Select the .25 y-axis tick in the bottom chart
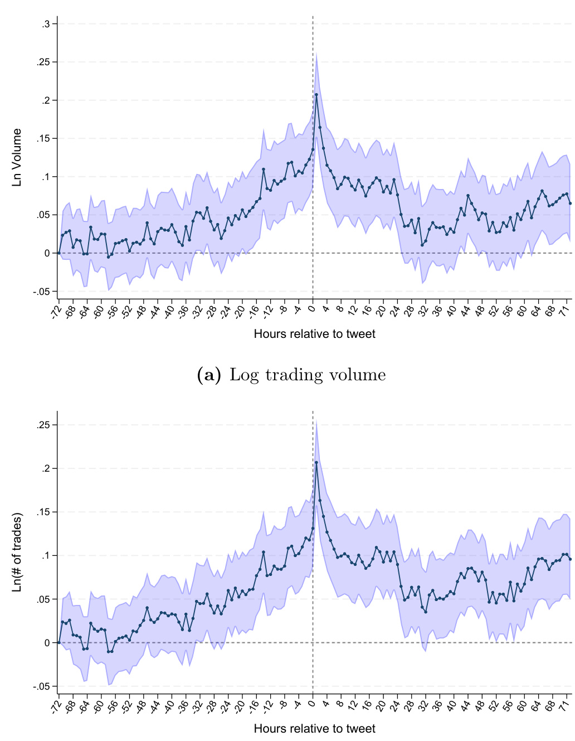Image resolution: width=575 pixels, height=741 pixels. click(x=43, y=425)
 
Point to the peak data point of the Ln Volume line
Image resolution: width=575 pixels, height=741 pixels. click(x=316, y=95)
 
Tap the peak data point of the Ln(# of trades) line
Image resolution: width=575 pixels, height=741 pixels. click(x=316, y=462)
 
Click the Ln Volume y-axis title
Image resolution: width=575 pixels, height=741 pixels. click(x=17, y=157)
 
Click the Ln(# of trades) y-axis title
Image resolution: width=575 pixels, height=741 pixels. click(x=17, y=552)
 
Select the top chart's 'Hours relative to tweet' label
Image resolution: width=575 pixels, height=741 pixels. click(x=314, y=334)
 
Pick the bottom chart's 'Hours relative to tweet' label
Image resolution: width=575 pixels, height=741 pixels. click(x=314, y=729)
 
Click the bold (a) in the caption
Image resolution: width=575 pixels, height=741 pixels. click(x=209, y=375)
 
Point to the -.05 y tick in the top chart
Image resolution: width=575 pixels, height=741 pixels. click(x=41, y=292)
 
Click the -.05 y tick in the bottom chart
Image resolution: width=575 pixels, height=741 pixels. click(x=41, y=686)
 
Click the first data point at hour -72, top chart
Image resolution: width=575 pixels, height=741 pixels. click(x=59, y=253)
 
